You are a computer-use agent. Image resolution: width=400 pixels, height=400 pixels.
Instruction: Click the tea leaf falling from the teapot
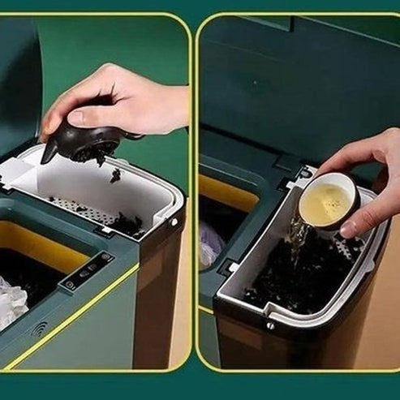pyautogui.click(x=116, y=174)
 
